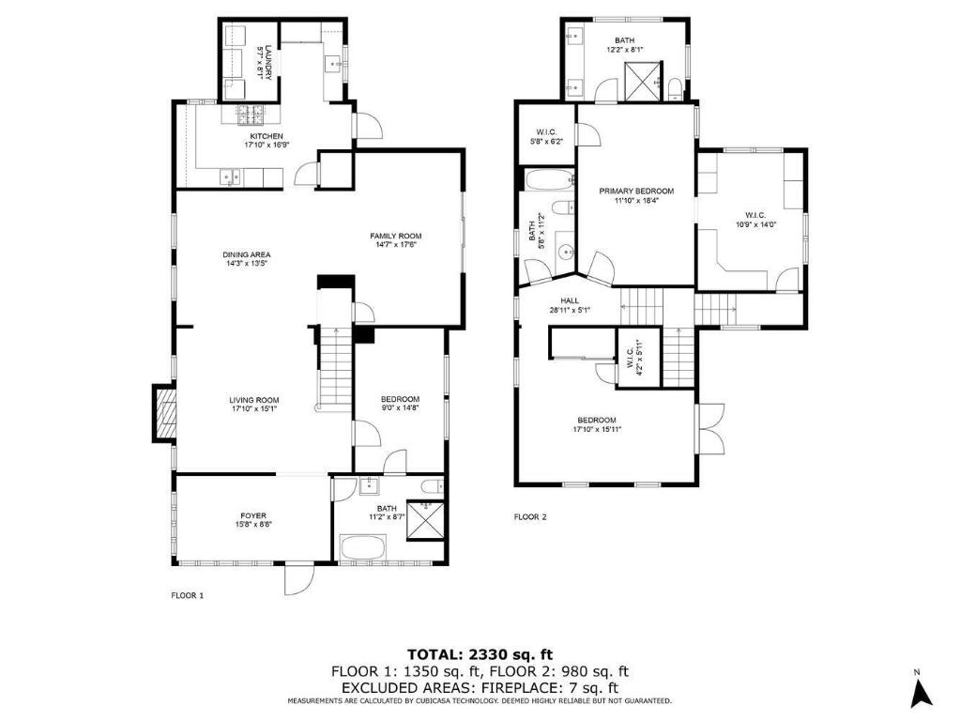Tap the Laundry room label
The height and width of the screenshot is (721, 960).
pos(269,63)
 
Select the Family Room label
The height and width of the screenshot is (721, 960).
pos(395,240)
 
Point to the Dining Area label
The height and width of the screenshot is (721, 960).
pos(247,258)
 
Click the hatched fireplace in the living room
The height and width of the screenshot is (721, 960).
pos(165,414)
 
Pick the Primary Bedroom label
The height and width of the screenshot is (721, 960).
pos(636,194)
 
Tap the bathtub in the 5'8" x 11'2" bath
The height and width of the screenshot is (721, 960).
pos(546,180)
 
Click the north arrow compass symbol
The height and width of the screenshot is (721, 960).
pos(922,691)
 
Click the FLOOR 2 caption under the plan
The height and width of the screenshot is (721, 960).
pos(530,516)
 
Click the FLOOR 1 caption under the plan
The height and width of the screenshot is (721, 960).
pos(187,595)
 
